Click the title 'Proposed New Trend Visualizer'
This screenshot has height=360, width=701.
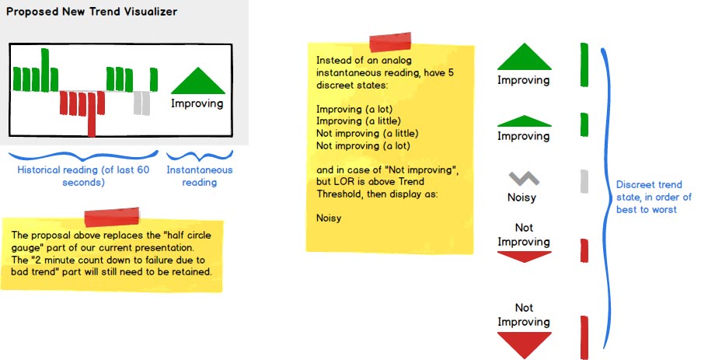pyautogui.click(x=92, y=12)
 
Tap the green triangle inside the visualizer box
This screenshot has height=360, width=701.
pyautogui.click(x=197, y=81)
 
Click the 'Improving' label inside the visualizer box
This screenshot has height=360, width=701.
pyautogui.click(x=197, y=103)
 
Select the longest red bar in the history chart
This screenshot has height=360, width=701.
pyautogui.click(x=92, y=114)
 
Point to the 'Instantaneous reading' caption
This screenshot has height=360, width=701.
pyautogui.click(x=200, y=176)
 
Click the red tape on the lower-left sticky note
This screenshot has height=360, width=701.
pyautogui.click(x=111, y=218)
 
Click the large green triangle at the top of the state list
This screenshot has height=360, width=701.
pyautogui.click(x=523, y=58)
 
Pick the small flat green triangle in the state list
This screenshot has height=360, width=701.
pyautogui.click(x=523, y=121)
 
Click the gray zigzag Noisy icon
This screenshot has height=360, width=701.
pyautogui.click(x=523, y=180)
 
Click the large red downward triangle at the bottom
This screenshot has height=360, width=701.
pyautogui.click(x=523, y=344)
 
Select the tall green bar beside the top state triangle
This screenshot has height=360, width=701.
pyautogui.click(x=584, y=64)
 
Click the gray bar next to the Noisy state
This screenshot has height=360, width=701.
pyautogui.click(x=584, y=180)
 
